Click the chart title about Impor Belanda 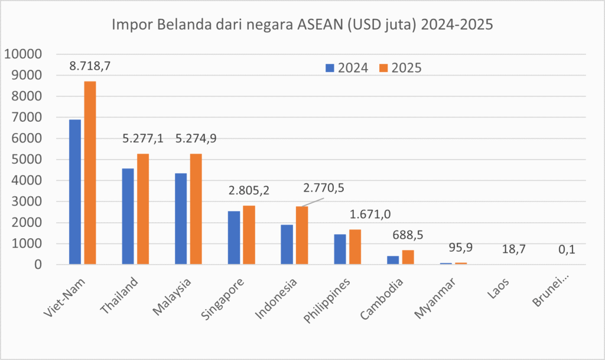[x=302, y=26]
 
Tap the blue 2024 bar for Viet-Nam [x=75, y=192]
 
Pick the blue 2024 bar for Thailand [x=128, y=216]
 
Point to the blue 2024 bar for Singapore [x=234, y=237]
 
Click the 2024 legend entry [x=347, y=67]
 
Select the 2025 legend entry [x=400, y=67]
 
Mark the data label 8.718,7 [x=90, y=66]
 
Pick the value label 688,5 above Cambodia [x=408, y=235]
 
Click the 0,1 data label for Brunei [x=567, y=250]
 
